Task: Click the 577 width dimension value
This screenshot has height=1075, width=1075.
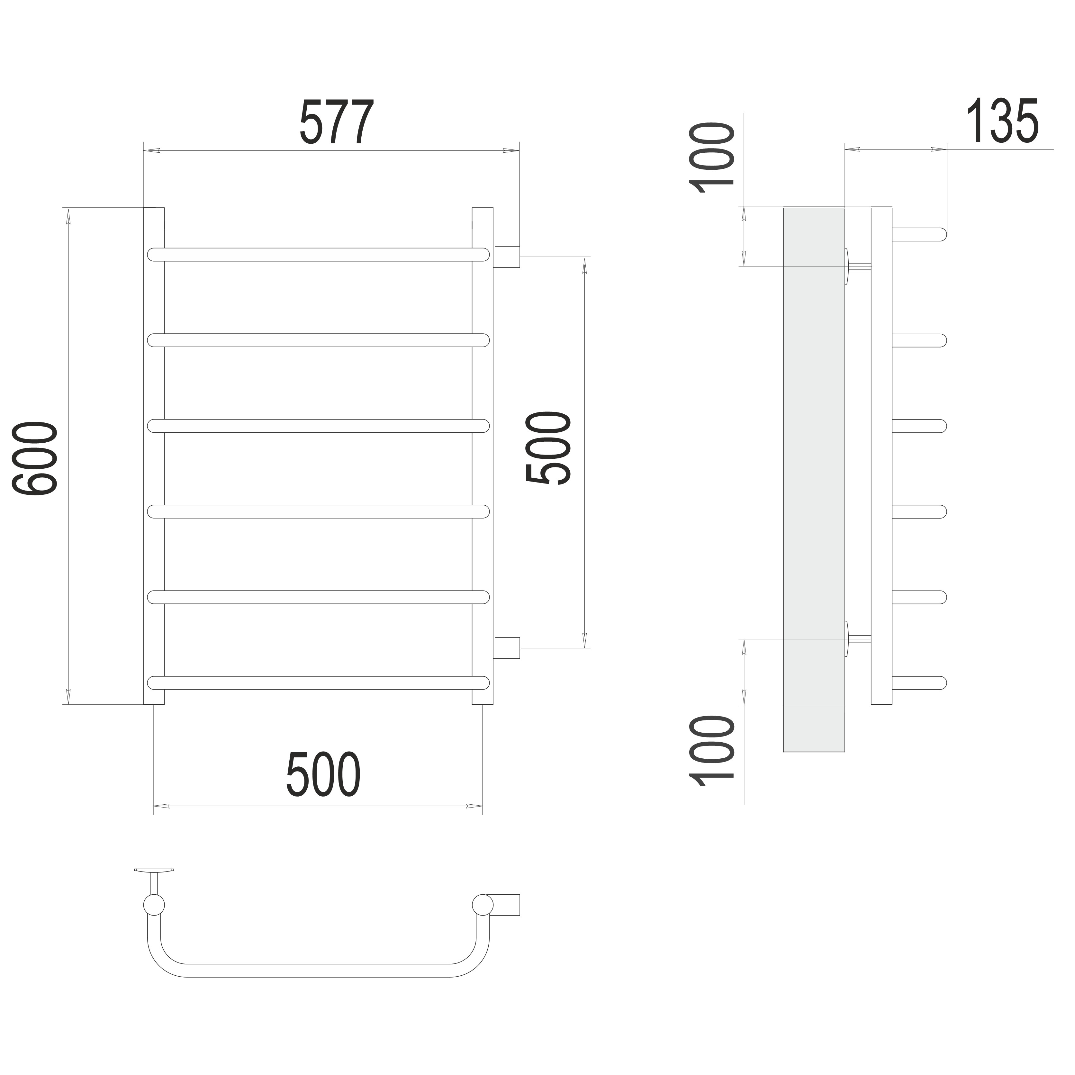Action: coord(337,122)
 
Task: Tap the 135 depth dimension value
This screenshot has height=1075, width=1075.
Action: coord(1002,121)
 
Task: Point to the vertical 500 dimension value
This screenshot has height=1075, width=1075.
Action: coord(548,447)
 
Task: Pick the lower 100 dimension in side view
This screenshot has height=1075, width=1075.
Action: coord(712,751)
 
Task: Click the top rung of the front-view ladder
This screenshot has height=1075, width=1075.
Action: coord(318,254)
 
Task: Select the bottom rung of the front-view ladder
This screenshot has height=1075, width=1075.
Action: coord(318,683)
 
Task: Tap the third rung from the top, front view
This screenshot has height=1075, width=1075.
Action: coord(318,426)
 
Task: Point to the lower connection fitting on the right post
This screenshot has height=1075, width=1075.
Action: coord(506,648)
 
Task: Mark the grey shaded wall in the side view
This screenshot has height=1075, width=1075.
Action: coord(814,480)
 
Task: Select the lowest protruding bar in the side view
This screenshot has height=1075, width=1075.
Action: coord(919,683)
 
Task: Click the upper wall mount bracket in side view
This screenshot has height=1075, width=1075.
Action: coord(857,266)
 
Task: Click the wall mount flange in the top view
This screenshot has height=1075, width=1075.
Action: coord(154,870)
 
